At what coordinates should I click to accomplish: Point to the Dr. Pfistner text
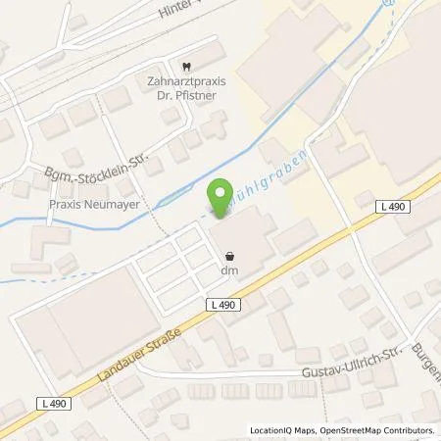(x=186, y=96)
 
